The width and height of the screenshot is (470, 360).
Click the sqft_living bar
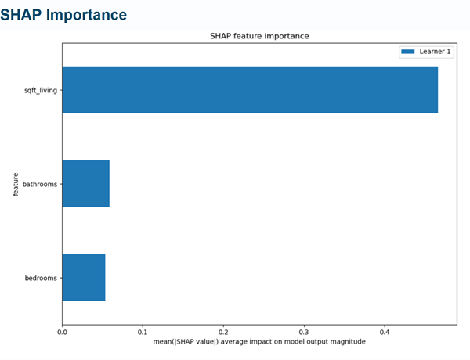(249, 90)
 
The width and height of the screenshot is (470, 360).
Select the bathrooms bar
(85, 184)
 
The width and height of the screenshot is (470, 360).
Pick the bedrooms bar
(83, 278)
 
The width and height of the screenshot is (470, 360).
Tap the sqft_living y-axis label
(41, 90)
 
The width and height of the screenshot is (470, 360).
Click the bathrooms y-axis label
(41, 184)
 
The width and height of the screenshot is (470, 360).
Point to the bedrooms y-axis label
(42, 278)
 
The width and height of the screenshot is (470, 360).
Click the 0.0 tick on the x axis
(62, 331)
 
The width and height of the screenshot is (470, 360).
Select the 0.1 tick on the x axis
(143, 331)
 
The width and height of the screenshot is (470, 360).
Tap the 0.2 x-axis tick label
(223, 331)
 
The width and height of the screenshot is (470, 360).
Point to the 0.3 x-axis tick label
(304, 331)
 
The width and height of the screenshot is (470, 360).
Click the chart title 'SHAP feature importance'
(259, 36)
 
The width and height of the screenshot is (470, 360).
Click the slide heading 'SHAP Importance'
(63, 15)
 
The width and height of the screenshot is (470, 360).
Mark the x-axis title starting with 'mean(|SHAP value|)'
(259, 342)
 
